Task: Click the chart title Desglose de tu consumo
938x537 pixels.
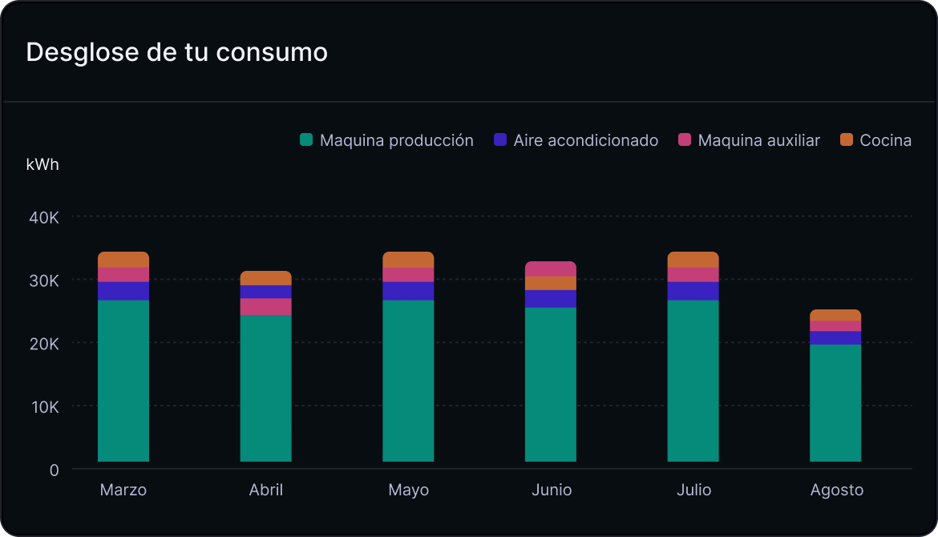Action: pos(176,52)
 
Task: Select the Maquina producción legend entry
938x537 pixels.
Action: pos(386,140)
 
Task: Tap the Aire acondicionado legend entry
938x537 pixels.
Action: pos(576,140)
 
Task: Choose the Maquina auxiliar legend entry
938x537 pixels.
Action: pos(749,140)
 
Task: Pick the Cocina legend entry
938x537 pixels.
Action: pos(875,140)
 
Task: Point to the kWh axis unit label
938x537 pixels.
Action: pos(42,165)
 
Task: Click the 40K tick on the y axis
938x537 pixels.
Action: pos(43,217)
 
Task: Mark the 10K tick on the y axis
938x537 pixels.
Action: pos(43,406)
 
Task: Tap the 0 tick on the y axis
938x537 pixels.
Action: pos(54,470)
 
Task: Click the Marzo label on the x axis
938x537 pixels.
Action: pos(123,490)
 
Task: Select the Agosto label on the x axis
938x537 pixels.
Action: pos(836,490)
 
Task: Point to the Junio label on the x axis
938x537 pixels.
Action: pos(552,490)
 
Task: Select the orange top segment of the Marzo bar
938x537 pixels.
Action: pos(123,260)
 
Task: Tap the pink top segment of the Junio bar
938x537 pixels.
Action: pos(551,268)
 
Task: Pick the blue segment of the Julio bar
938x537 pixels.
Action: pos(693,291)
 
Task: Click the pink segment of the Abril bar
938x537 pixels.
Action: pos(266,307)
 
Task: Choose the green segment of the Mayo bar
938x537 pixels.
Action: pos(408,381)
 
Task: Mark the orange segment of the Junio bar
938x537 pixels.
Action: pos(551,283)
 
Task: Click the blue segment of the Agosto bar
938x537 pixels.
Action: pos(835,337)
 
